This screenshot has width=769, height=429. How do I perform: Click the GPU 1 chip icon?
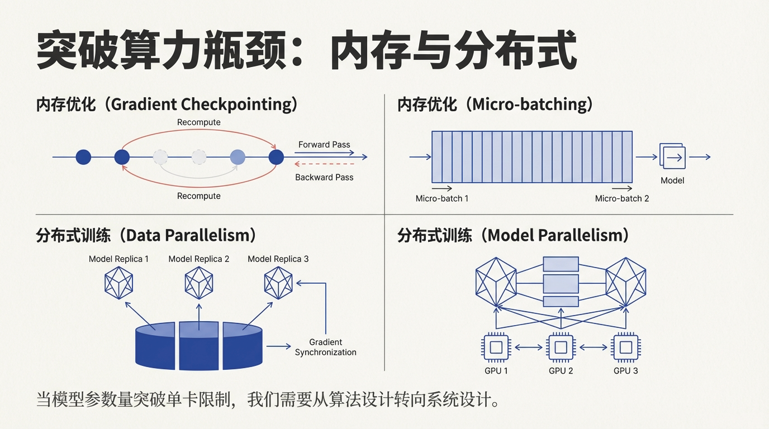[x=496, y=347]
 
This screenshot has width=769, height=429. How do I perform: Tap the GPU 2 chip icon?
[x=561, y=347]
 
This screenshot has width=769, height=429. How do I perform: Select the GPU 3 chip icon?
[x=625, y=347]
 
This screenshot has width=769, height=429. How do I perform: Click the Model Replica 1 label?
[x=118, y=259]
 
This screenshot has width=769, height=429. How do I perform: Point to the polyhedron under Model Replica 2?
[x=199, y=283]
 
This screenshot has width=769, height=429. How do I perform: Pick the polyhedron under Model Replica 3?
[x=278, y=283]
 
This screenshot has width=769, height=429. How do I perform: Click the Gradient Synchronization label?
[x=325, y=347]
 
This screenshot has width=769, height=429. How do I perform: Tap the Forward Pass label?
[x=324, y=145]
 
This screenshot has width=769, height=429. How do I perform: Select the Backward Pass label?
[x=324, y=178]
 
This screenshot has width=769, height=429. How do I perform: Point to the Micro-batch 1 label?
[x=442, y=198]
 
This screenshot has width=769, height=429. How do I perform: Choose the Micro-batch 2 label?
[x=622, y=198]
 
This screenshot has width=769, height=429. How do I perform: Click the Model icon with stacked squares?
[x=672, y=157]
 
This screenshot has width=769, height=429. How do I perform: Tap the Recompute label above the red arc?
[x=198, y=122]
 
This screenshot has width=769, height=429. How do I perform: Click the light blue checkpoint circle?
[x=238, y=157]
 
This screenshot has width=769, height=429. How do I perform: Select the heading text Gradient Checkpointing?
[x=204, y=105]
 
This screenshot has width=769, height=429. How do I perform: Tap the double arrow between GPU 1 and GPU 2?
[x=528, y=347]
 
